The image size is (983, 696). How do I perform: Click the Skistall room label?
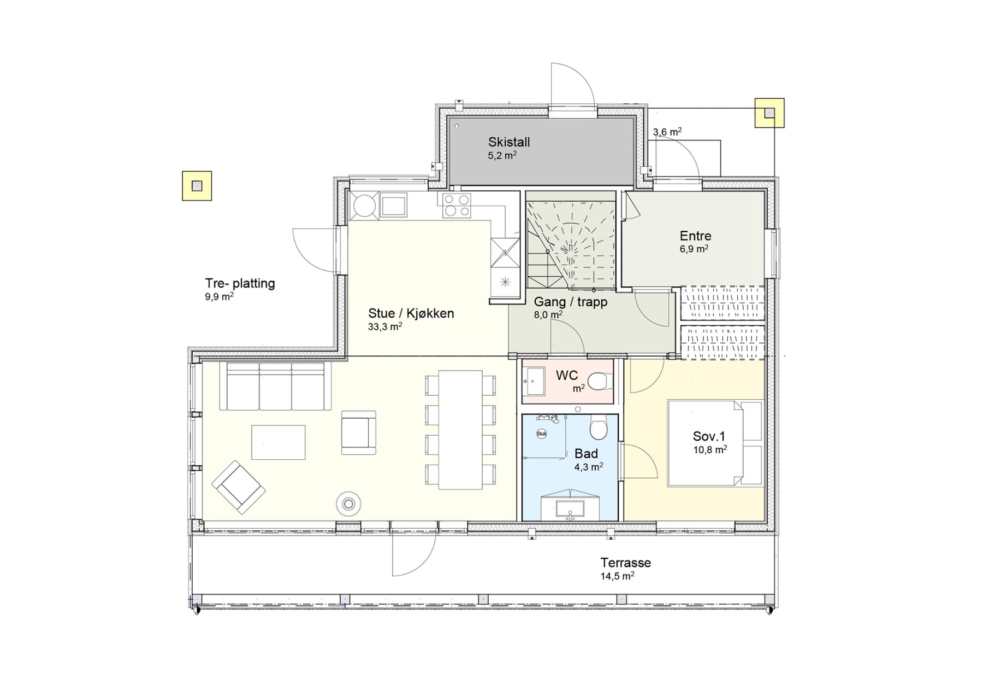coord(509,142)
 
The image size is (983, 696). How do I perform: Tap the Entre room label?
coord(695,236)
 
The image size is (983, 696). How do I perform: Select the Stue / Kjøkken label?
coord(411,313)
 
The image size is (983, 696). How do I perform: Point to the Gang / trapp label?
coord(570,302)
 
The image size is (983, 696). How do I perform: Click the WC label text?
coord(567,376)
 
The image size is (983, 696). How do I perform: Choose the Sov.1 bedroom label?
coord(709,436)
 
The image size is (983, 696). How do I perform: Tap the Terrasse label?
coord(625,563)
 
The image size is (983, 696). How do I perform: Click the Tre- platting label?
coord(240,284)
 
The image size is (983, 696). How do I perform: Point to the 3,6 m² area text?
coord(667,132)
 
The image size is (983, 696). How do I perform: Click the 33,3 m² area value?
coord(385,327)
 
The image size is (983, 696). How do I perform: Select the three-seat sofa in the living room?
coord(275,385)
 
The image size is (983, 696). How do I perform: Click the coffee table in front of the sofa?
coord(278,442)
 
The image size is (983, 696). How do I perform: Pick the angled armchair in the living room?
coord(239,487)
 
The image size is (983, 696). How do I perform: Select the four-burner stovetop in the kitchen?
coord(457,206)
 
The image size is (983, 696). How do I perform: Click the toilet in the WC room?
coord(600,381)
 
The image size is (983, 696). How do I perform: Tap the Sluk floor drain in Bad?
coord(542,434)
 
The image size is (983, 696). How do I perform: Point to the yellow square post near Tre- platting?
coord(197,186)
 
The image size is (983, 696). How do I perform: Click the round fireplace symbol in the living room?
coord(347,503)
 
